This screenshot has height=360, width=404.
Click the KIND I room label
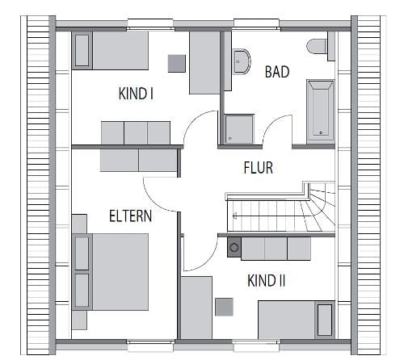[136, 94]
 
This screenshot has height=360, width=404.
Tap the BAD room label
[277, 72]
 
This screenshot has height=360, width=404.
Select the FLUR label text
[258, 167]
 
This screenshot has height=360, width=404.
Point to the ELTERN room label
[130, 216]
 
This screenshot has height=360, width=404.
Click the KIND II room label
[266, 281]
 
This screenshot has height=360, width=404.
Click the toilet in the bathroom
[317, 46]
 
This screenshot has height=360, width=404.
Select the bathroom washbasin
[242, 61]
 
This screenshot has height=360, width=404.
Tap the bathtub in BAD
[321, 111]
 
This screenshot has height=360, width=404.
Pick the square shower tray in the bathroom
[239, 129]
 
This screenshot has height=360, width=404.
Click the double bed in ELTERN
[110, 272]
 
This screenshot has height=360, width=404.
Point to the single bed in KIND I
[110, 51]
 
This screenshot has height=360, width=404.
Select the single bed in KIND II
[297, 320]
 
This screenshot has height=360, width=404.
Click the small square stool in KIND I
[177, 64]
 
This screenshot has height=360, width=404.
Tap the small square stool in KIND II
[224, 307]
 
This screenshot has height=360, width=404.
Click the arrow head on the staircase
[234, 216]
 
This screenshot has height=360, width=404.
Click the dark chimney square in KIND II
[234, 247]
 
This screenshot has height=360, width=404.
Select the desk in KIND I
[204, 63]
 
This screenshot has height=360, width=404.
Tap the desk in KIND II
[196, 308]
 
